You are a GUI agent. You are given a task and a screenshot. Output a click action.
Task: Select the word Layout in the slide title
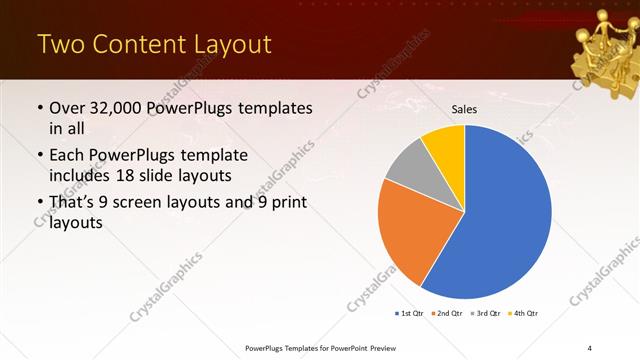227,45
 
